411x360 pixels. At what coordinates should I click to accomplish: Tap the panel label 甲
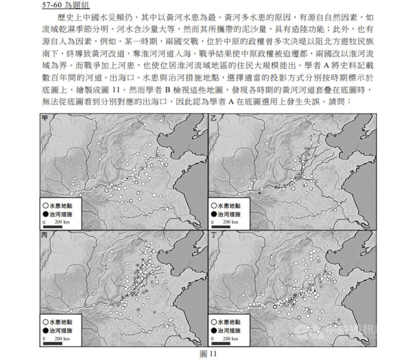click(x=45, y=118)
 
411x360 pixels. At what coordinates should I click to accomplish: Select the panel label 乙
click(x=214, y=118)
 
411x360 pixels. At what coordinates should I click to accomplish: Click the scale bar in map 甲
click(x=52, y=226)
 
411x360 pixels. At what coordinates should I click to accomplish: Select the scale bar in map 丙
click(x=52, y=343)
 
